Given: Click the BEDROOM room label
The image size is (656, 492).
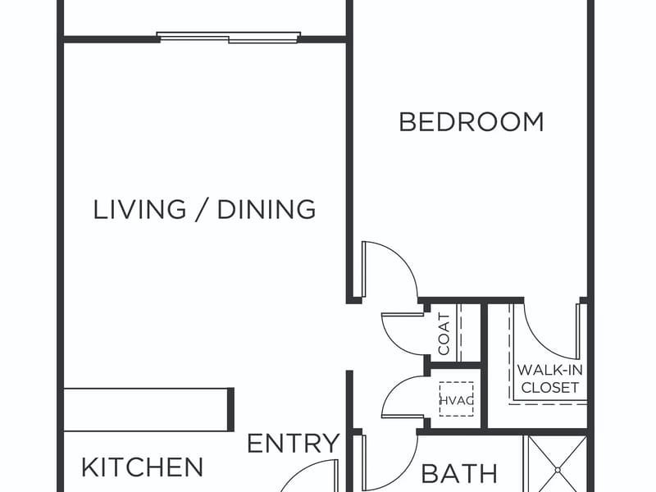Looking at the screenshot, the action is coord(471,121).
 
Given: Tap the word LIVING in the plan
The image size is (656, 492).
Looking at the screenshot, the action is coord(139,209).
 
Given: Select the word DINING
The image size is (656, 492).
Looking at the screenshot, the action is coord(266,209).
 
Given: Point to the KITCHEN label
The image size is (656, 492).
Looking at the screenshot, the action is coord(142,467).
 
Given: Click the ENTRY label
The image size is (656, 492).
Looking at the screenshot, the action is coord(294,443).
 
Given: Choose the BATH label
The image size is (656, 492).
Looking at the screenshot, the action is coord(459,474).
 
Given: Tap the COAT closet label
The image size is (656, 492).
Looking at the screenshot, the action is coord(444,334).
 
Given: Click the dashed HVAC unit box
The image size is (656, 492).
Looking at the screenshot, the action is coord(457,399).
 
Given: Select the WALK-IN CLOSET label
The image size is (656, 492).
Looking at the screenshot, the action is coord(549,379).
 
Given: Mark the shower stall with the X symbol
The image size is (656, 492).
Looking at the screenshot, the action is coord(558,463).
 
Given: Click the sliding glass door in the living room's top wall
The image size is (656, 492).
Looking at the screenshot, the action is coord(229,37).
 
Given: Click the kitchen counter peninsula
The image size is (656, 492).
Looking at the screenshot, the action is coord(148,409).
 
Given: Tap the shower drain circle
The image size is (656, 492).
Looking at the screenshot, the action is coord(558,470).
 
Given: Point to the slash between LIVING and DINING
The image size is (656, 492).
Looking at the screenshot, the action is coord(202,209).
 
